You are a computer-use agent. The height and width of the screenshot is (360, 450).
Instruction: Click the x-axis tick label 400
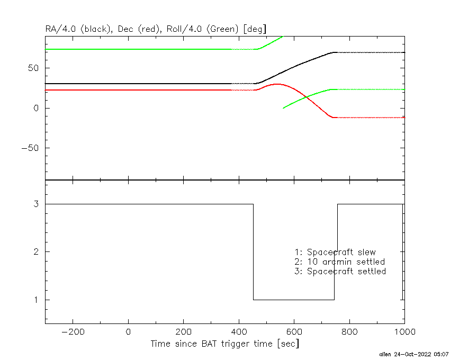(x=239, y=332)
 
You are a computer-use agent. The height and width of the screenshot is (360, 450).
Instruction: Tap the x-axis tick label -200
(x=73, y=332)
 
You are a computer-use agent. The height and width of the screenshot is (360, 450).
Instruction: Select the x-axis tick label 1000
(x=404, y=332)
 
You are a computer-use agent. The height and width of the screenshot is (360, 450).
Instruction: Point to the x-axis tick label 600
(x=294, y=332)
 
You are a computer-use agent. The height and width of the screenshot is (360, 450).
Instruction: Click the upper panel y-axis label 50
(x=33, y=68)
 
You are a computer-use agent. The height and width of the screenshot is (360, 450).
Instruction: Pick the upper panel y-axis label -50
(x=30, y=148)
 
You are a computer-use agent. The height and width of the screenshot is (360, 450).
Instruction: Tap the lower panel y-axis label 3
(x=36, y=204)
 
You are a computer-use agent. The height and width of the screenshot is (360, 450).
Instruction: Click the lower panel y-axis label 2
(x=36, y=252)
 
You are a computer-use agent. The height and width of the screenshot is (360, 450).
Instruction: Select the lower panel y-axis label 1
(x=36, y=300)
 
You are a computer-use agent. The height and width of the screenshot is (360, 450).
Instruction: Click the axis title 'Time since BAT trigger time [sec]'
(x=224, y=344)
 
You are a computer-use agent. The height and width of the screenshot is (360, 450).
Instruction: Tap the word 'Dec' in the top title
(x=125, y=29)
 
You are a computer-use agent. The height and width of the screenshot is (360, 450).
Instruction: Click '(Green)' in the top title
(x=222, y=29)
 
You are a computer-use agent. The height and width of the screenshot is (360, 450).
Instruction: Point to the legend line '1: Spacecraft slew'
(x=335, y=252)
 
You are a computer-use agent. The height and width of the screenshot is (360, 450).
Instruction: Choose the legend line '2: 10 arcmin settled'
(x=340, y=262)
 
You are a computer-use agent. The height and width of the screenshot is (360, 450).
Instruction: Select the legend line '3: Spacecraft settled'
(x=340, y=271)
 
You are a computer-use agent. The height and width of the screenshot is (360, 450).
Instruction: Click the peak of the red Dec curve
(x=277, y=84)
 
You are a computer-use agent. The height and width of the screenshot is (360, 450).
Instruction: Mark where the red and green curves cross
(x=306, y=97)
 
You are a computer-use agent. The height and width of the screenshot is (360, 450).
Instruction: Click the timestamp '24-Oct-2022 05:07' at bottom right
(x=421, y=354)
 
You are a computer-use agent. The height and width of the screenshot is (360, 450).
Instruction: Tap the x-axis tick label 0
(x=128, y=332)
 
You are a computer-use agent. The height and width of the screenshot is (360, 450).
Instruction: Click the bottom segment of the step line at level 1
(x=294, y=300)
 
